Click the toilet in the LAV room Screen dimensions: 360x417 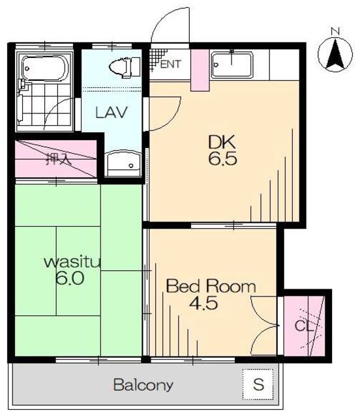(x=125, y=68)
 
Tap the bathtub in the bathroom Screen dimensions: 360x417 (x=45, y=68)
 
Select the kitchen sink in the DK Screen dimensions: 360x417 (x=232, y=65)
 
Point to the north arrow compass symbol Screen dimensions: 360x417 (x=335, y=55)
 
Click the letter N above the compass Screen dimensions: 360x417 (x=335, y=31)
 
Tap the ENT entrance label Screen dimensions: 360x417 (x=171, y=64)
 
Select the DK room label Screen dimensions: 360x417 (x=222, y=142)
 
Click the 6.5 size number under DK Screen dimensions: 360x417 (x=222, y=159)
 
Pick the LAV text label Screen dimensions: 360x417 (x=112, y=112)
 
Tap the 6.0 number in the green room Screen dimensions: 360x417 (x=70, y=278)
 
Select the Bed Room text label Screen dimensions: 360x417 (x=211, y=286)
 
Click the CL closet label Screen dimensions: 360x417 (x=304, y=326)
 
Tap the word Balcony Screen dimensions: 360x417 (x=143, y=385)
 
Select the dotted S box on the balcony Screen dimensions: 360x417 (x=258, y=384)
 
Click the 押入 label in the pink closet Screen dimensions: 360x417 (x=58, y=159)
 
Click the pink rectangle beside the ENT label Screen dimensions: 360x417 (x=200, y=70)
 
